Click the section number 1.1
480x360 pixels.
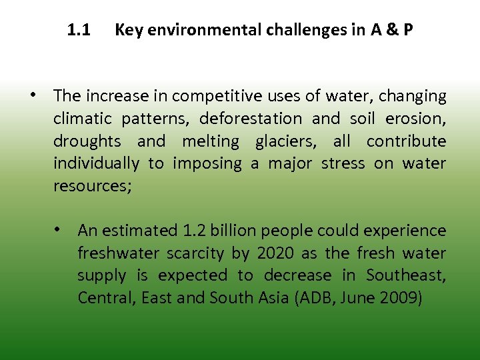pyautogui.click(x=79, y=30)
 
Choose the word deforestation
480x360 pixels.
pyautogui.click(x=251, y=119)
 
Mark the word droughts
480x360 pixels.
pyautogui.click(x=87, y=142)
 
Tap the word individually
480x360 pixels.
pyautogui.click(x=97, y=164)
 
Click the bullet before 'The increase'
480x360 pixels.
pyautogui.click(x=32, y=95)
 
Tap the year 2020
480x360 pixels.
pyautogui.click(x=275, y=253)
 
